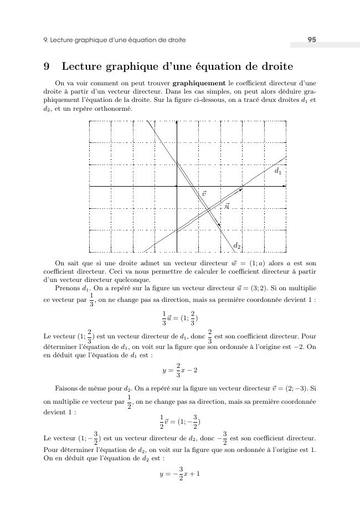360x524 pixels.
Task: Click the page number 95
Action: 312,40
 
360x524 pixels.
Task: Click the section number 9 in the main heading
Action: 47,67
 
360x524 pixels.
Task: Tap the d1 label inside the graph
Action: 278,171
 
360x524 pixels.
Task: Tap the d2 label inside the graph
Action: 236,245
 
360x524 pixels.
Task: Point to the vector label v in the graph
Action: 204,194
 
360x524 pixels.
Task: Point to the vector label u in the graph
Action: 227,206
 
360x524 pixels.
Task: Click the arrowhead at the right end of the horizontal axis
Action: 284,187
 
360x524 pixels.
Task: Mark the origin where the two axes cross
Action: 177,187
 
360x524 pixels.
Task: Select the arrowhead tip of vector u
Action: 241,189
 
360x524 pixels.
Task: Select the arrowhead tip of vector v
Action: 220,225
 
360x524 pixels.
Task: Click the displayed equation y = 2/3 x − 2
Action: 179,370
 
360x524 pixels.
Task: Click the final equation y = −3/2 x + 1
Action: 179,475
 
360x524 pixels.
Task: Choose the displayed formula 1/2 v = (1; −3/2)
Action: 179,422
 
